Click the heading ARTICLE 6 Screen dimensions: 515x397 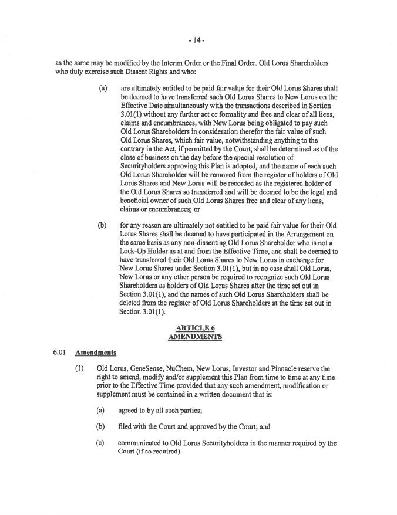(x=195, y=328)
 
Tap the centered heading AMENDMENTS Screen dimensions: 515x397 (x=195, y=337)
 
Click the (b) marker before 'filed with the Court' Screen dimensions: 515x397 (x=100, y=427)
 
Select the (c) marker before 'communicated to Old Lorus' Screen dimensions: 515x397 (x=99, y=443)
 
